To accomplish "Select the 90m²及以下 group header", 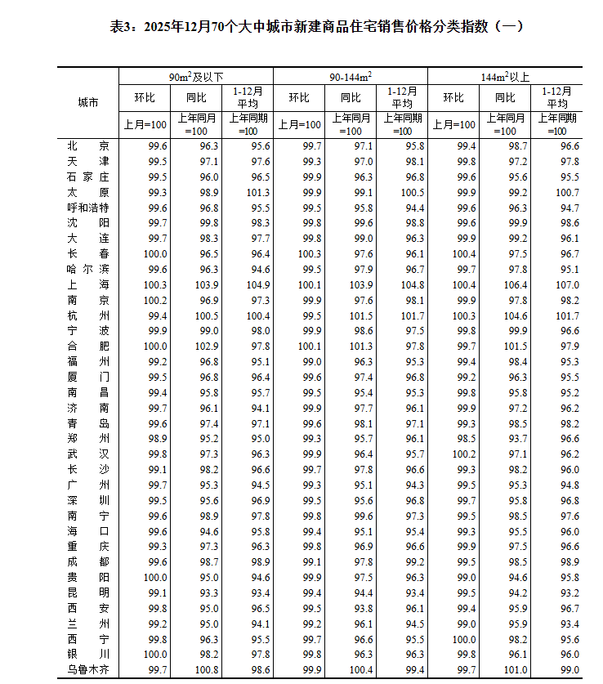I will pyautogui.click(x=195, y=76).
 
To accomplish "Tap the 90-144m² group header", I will pyautogui.click(x=351, y=76).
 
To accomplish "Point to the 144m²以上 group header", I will pyautogui.click(x=504, y=76).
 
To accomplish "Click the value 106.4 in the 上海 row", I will pyautogui.click(x=516, y=284).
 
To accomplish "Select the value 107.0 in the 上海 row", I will pyautogui.click(x=567, y=284).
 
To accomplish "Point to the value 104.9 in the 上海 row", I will pyautogui.click(x=257, y=284).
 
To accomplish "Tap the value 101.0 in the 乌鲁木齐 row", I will pyautogui.click(x=516, y=670).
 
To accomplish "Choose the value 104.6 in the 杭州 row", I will pyautogui.click(x=516, y=315).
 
